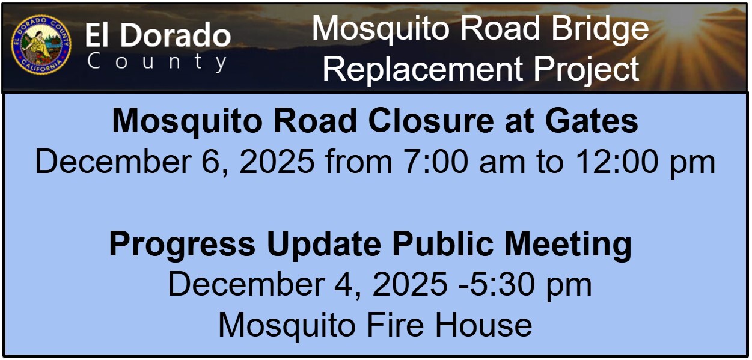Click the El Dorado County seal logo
coord(41,44)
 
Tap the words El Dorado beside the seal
coord(157,35)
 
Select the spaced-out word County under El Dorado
coord(157,62)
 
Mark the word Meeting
coord(568,245)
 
